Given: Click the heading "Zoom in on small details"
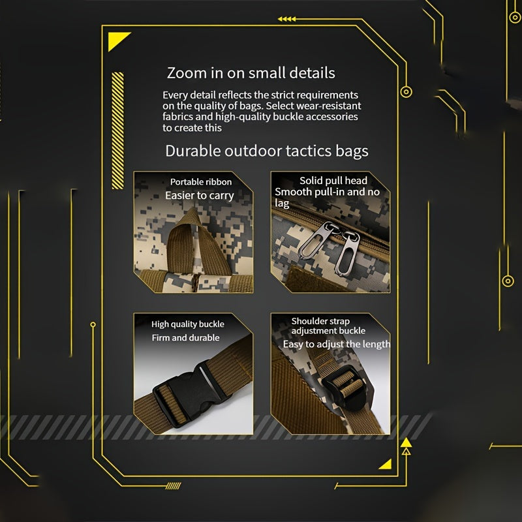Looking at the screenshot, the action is tap(251, 73).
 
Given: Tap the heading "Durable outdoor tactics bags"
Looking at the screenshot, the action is tap(267, 151).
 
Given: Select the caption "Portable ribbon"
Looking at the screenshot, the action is tap(201, 182).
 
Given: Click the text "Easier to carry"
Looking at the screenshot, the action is tap(200, 195).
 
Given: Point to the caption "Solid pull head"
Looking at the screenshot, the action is tap(333, 181).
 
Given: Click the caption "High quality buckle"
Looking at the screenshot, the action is tap(188, 324).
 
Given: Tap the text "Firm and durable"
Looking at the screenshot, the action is tap(185, 337).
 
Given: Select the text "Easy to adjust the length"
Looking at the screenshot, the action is tap(336, 344).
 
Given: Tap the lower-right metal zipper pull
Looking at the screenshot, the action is tap(348, 253).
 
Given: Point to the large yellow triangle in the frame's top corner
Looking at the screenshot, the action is tap(117, 40).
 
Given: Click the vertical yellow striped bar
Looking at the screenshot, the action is tap(117, 130).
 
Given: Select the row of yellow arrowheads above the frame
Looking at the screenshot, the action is tap(286, 19).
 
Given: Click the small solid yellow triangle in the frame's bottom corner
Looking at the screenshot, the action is tap(386, 465).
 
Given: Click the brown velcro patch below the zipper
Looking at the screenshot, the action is tap(309, 279).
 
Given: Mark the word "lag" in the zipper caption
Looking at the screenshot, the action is tap(282, 203).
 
